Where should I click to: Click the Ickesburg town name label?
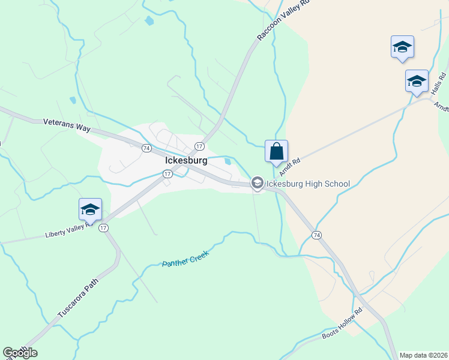(x=186, y=161)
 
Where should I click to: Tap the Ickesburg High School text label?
(x=308, y=183)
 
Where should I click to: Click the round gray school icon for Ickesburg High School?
(x=258, y=183)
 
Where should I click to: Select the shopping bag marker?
(x=276, y=152)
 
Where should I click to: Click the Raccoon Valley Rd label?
(x=283, y=20)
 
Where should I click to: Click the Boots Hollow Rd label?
(x=343, y=325)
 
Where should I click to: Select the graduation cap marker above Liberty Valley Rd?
(x=90, y=209)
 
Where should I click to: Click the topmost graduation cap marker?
(x=402, y=47)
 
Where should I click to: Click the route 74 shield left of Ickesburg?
(x=146, y=148)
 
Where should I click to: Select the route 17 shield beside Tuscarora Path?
(x=103, y=227)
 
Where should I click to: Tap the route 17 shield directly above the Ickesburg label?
(x=199, y=146)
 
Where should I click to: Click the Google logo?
(x=20, y=353)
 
